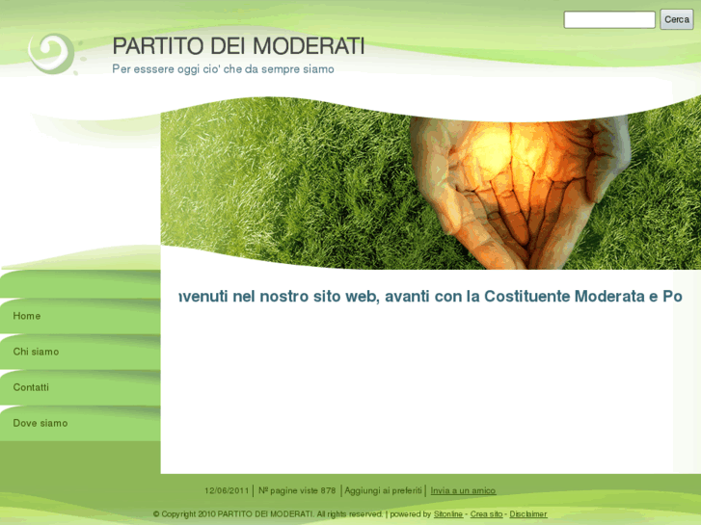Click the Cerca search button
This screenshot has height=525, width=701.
pos(676,19)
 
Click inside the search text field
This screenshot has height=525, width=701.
pos(608,19)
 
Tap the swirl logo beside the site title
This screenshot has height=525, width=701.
pos(52,52)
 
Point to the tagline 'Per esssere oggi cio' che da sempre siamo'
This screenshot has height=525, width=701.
pos(223,69)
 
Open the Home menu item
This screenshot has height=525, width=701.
pos(27,316)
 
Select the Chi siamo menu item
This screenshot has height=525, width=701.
pos(36,352)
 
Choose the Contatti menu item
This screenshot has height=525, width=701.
pos(31,387)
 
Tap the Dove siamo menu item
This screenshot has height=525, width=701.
pos(40,423)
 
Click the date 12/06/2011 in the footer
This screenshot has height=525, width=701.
pos(227,490)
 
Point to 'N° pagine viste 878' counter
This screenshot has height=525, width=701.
pos(297,490)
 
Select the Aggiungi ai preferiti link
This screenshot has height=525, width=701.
pos(383,490)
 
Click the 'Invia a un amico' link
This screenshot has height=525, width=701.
pos(463,490)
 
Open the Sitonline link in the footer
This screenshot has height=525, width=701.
pos(448,514)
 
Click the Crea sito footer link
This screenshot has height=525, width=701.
pos(486,514)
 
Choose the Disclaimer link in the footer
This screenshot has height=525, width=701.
pos(528,514)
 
